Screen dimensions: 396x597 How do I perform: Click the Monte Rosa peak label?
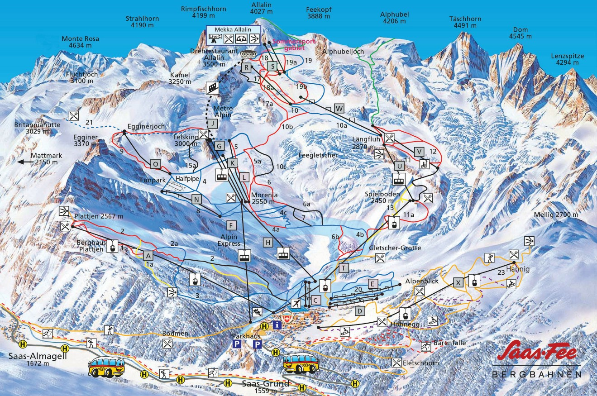pos(80,42)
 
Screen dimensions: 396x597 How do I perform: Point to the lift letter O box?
pos(156,163)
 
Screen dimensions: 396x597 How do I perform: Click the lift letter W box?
pos(339,108)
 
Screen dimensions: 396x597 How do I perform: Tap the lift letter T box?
pos(344,268)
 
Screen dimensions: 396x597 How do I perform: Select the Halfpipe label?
pos(187,178)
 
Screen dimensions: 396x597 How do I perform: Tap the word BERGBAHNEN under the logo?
pos(536,374)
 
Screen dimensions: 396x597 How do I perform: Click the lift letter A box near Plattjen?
pos(148,256)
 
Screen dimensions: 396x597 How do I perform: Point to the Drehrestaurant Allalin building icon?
pos(247,55)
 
